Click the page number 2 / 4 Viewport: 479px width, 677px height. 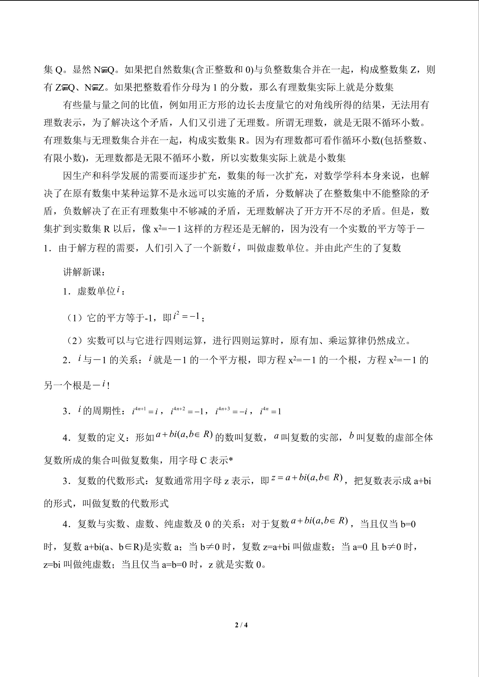[241, 625]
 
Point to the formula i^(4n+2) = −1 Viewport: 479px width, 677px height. [187, 411]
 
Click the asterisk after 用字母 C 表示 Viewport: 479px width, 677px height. [231, 460]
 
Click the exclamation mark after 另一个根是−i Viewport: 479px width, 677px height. [109, 386]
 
